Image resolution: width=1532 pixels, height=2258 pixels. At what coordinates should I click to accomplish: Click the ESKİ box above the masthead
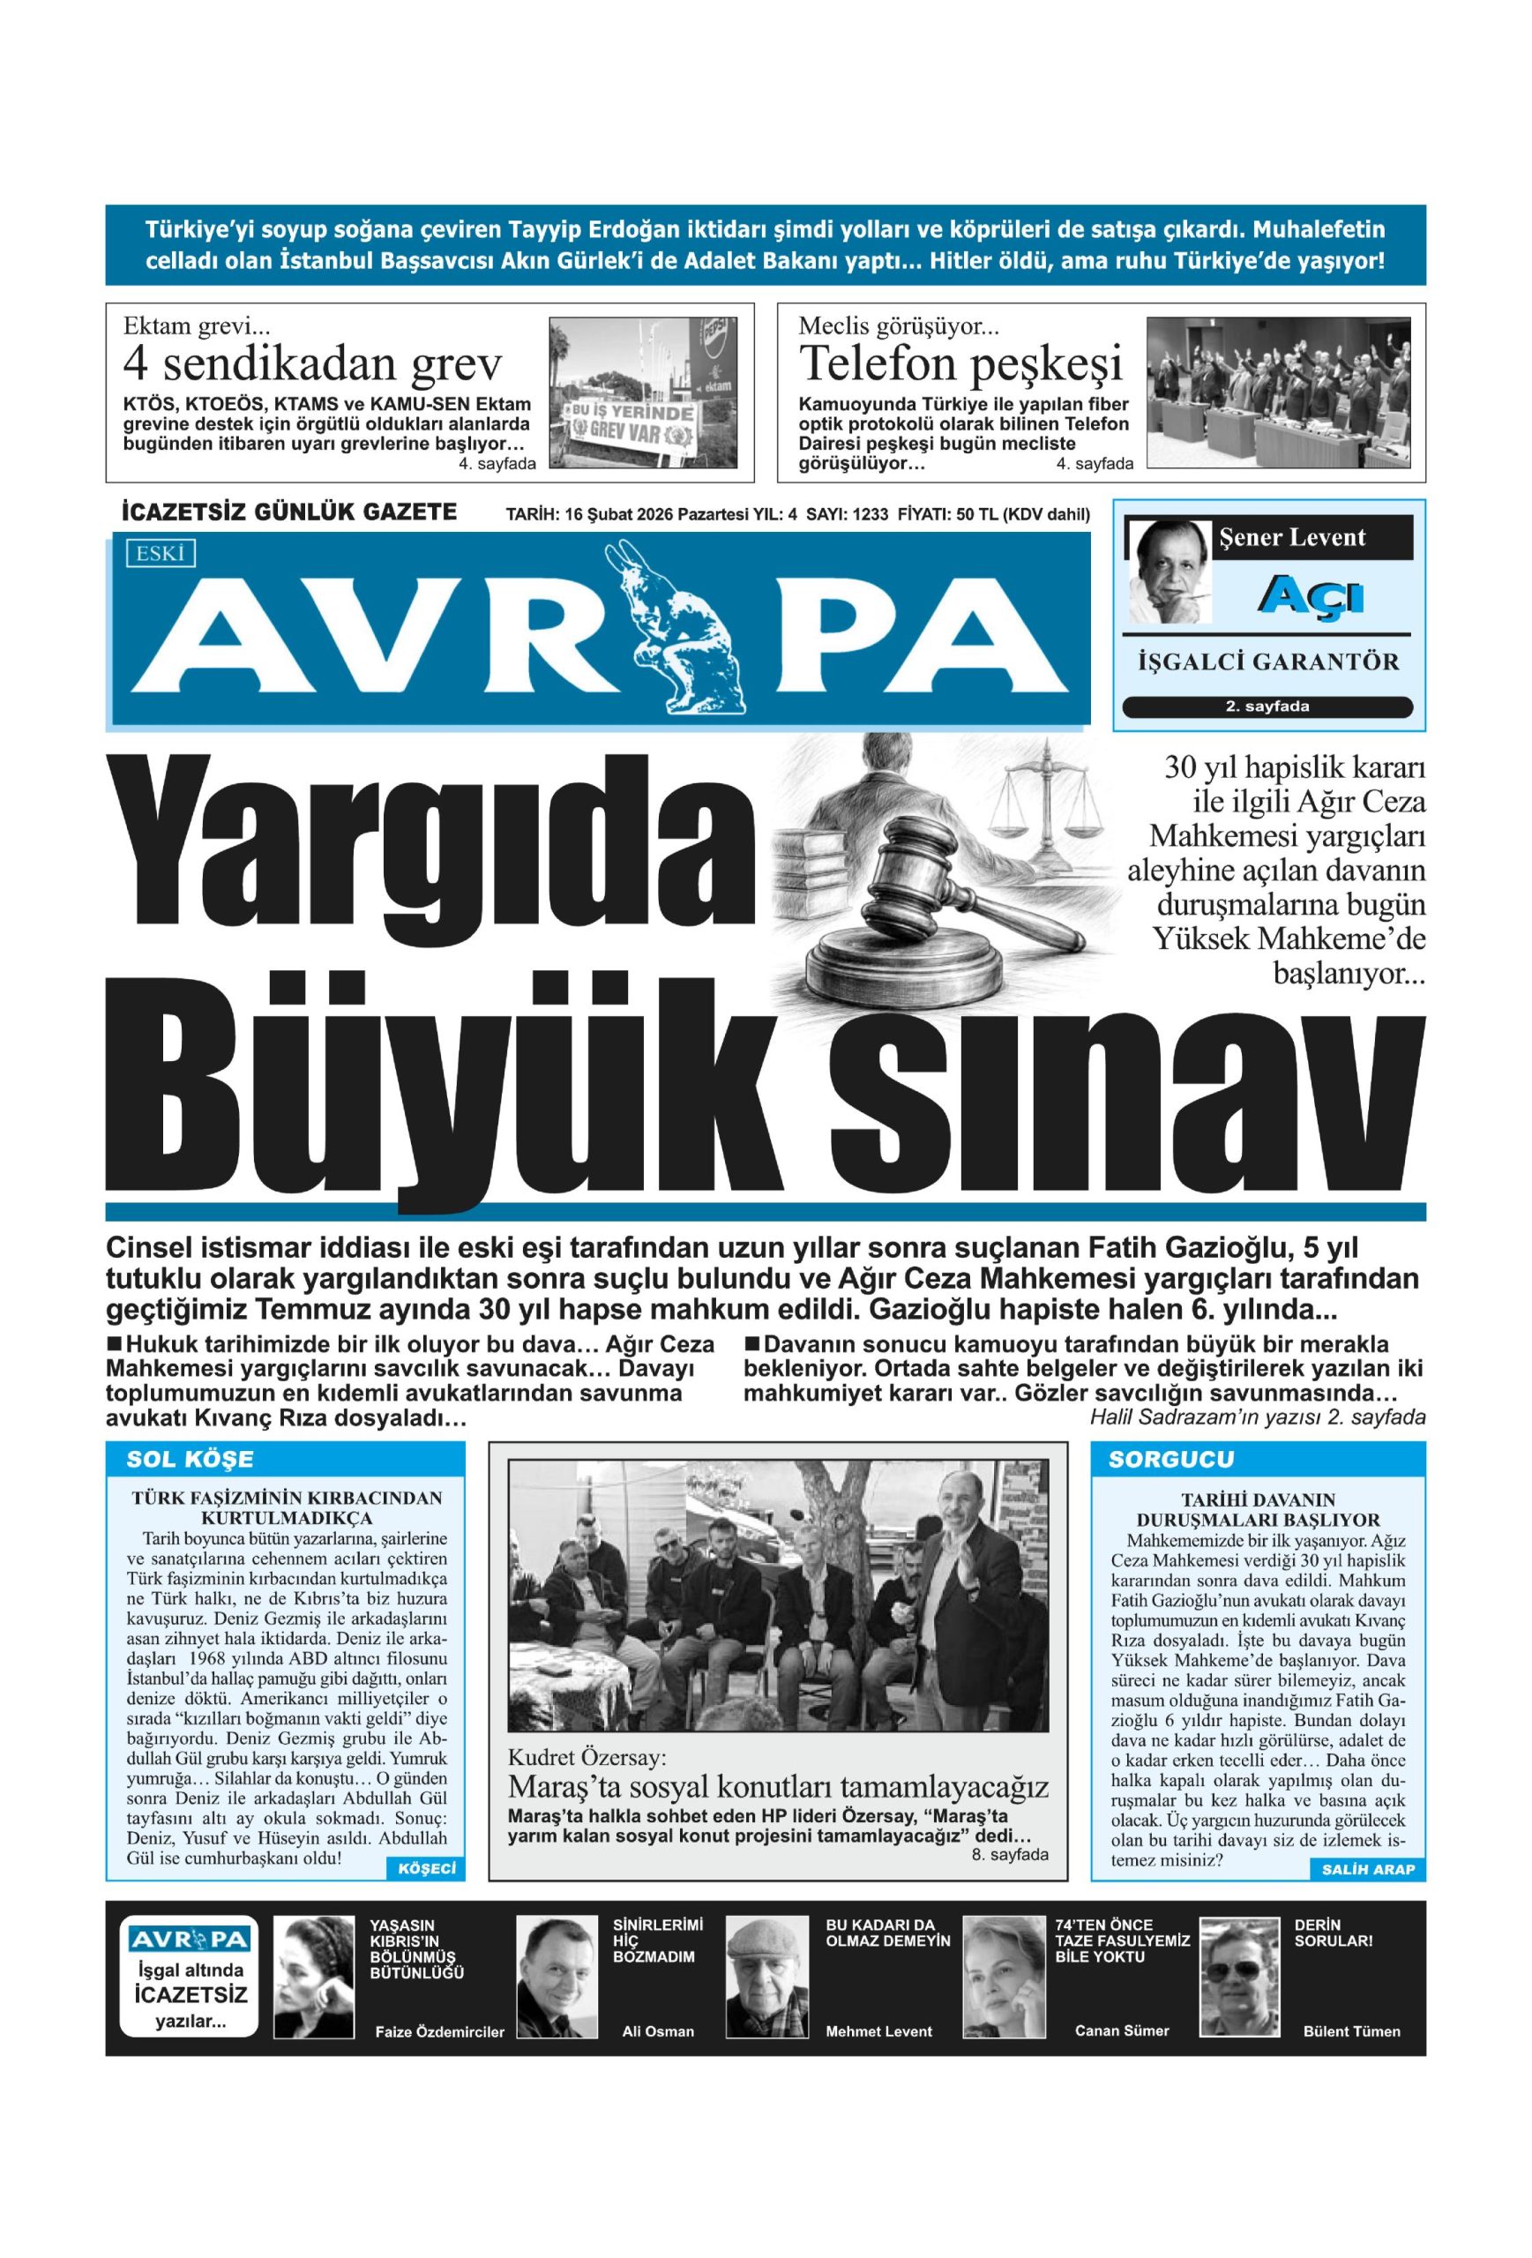click(x=161, y=553)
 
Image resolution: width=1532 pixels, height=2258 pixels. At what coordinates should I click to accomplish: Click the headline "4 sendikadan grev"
click(x=313, y=364)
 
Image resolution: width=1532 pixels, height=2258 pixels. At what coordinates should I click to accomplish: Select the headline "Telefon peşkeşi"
click(x=959, y=363)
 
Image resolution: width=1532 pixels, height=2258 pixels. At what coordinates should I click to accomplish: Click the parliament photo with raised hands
click(x=1282, y=392)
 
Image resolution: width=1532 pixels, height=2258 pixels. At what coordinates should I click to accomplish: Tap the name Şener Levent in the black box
click(x=1291, y=537)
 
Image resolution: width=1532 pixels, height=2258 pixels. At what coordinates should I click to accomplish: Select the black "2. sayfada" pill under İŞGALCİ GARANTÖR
click(x=1267, y=707)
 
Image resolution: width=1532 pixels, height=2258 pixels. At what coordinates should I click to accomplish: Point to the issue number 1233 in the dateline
click(x=870, y=515)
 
